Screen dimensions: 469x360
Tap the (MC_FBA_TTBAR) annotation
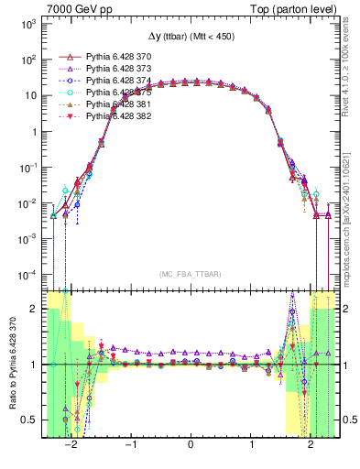pos(190,274)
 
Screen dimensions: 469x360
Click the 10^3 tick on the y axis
pos(29,23)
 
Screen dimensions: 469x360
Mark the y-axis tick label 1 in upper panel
pos(34,131)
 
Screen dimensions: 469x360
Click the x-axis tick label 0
pos(190,445)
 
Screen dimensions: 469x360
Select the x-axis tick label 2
pos(311,445)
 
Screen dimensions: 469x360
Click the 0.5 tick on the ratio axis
pos(30,420)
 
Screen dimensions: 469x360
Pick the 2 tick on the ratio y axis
pos(34,310)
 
